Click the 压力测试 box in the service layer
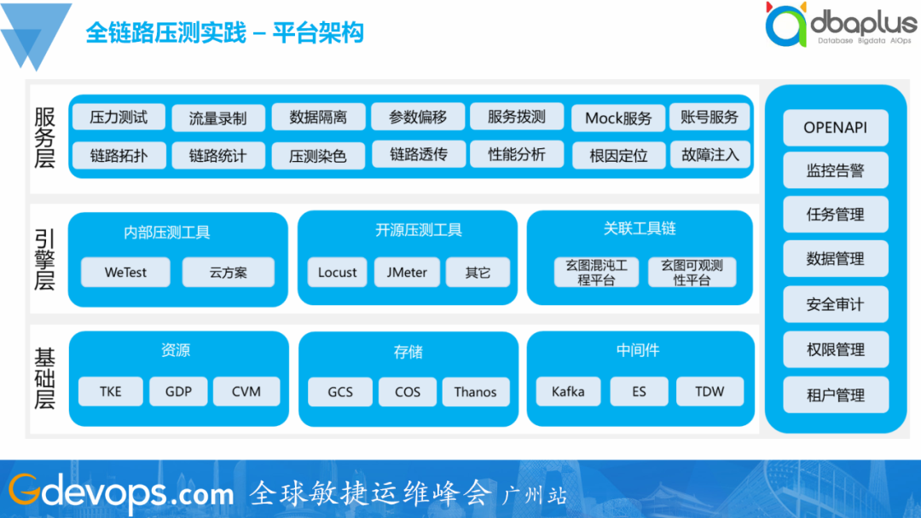(119, 117)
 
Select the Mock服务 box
(618, 118)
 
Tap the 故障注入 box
(710, 155)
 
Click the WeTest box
(125, 273)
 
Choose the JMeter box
(407, 273)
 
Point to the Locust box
(337, 273)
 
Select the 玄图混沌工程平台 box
(596, 273)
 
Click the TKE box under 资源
(111, 392)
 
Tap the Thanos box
(475, 392)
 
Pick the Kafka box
(568, 392)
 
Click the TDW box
(710, 392)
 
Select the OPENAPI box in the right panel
(836, 128)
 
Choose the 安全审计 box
(836, 304)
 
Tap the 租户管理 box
(836, 395)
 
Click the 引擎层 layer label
(45, 259)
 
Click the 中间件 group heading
(638, 350)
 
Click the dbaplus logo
(839, 26)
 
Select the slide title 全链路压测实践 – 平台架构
(225, 32)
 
